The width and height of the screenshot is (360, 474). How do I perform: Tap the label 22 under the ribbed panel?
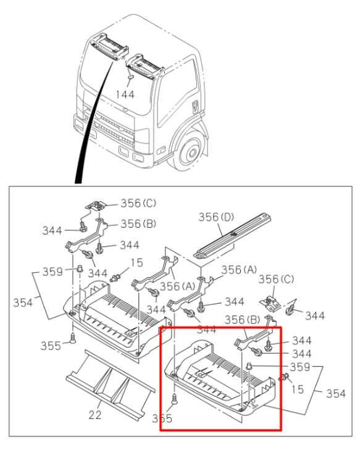click(94, 415)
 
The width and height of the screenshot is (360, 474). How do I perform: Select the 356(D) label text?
click(217, 217)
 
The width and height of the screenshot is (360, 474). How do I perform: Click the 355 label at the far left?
click(51, 345)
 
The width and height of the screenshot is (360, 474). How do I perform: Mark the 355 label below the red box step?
click(162, 418)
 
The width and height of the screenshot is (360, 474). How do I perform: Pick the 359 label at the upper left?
click(53, 271)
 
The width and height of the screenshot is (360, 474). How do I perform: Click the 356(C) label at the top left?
click(139, 202)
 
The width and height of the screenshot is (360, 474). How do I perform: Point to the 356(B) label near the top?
click(139, 223)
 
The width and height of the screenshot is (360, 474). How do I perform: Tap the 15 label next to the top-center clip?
click(136, 263)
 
